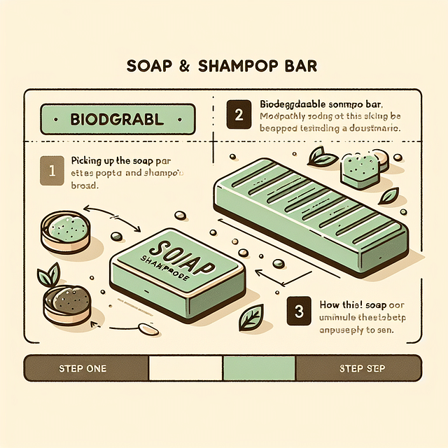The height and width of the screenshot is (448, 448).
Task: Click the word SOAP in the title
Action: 150,66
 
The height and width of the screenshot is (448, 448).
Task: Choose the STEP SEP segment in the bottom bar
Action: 359,368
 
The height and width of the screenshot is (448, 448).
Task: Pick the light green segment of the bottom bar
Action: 259,368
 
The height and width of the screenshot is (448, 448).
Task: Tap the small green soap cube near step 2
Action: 360,168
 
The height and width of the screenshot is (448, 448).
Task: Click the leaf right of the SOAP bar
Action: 249,321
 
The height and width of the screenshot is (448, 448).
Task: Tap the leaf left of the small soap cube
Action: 322,158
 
